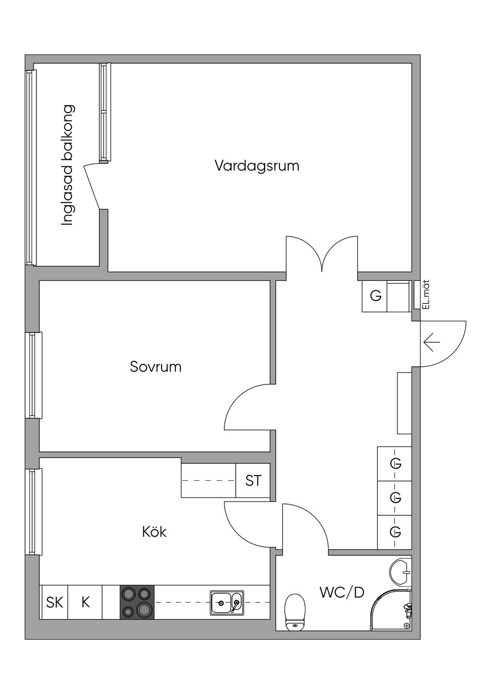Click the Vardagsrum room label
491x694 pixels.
tap(257, 166)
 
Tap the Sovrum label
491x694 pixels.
tap(156, 367)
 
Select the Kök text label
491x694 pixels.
tap(154, 532)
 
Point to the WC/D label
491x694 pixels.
tap(342, 593)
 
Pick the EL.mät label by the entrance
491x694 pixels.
tap(426, 294)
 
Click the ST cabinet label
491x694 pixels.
tap(253, 481)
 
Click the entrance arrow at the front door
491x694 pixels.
tap(432, 342)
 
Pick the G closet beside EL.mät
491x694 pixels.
tap(375, 296)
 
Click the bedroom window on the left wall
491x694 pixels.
tap(34, 375)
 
